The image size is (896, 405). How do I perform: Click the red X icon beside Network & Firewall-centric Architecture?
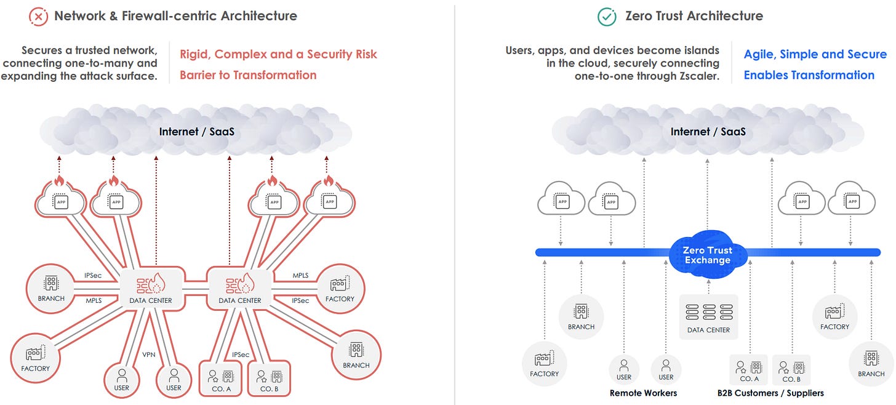click(39, 17)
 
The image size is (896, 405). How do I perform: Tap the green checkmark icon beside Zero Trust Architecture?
click(607, 17)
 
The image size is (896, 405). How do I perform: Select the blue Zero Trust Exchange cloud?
click(707, 255)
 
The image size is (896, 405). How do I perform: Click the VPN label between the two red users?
click(149, 355)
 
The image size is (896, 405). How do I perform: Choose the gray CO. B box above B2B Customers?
click(791, 371)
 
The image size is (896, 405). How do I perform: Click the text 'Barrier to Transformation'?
click(248, 75)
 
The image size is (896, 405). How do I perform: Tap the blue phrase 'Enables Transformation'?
click(809, 75)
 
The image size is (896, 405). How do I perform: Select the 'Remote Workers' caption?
click(643, 393)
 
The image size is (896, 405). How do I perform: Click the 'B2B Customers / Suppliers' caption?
click(770, 393)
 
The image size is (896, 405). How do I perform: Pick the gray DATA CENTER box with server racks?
click(708, 316)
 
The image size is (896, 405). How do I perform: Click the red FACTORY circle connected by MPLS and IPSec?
click(340, 288)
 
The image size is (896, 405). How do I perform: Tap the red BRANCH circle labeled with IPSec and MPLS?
click(51, 288)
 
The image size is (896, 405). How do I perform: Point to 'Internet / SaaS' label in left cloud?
click(196, 132)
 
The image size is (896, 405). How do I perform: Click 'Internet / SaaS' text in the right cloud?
click(708, 132)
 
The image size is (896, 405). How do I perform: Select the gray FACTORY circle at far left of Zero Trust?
click(544, 364)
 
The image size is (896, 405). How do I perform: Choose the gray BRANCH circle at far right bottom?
click(871, 364)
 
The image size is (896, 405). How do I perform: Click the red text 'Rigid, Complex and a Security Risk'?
click(278, 54)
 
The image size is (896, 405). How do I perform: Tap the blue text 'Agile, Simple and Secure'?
click(815, 54)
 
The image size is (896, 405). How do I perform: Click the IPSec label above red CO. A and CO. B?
click(241, 355)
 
